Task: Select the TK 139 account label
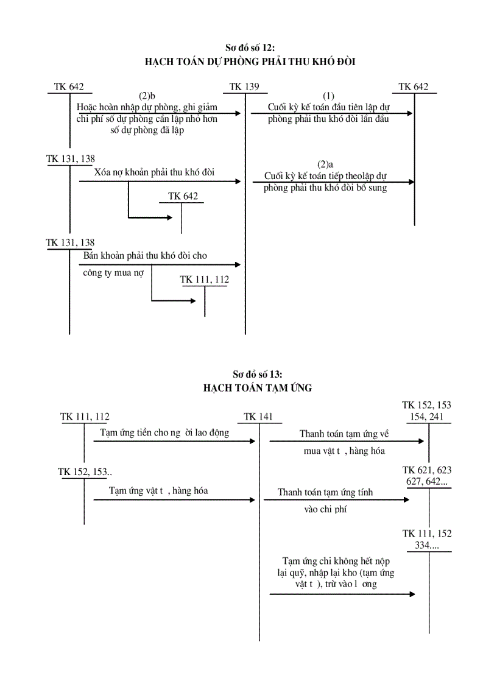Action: tap(245, 87)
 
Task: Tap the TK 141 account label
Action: tap(259, 417)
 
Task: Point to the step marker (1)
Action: tap(329, 96)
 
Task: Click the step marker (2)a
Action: tap(326, 164)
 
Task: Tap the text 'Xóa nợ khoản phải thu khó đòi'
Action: tap(155, 172)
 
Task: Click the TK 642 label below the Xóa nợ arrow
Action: tap(183, 196)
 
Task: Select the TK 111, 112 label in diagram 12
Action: tap(205, 280)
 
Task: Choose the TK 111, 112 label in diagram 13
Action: tap(85, 417)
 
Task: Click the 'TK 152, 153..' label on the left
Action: tap(85, 472)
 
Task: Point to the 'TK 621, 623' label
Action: tap(427, 470)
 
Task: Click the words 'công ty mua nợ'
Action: tap(114, 273)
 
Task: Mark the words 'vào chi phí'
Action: tap(325, 510)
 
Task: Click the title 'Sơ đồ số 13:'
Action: tap(258, 375)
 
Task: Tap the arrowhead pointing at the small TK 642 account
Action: tap(171, 217)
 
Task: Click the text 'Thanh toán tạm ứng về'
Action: tap(344, 434)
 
